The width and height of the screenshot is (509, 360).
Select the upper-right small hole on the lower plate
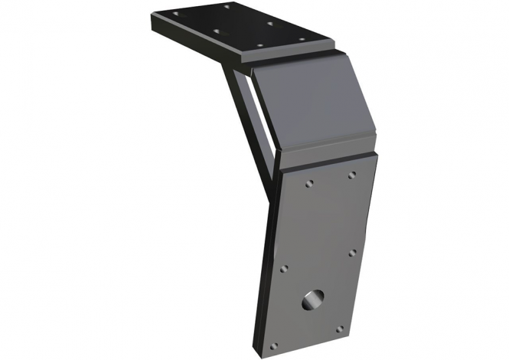point(351,175)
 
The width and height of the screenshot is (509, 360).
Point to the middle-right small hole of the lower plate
point(351,252)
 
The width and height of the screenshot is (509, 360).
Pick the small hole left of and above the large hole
point(284,270)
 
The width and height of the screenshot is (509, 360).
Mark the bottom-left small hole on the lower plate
point(273,344)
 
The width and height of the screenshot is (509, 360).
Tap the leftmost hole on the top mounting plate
point(175,14)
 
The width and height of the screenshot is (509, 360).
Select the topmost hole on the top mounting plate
point(227,7)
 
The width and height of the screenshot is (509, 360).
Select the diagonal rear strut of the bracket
point(246,130)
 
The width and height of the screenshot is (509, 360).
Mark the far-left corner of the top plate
point(152,15)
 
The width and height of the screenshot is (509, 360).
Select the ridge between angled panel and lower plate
point(329,156)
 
